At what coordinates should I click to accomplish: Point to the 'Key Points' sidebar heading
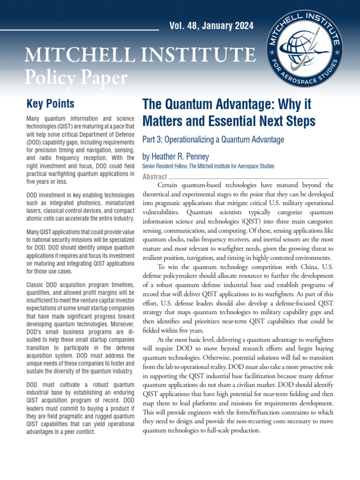coord(50,104)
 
